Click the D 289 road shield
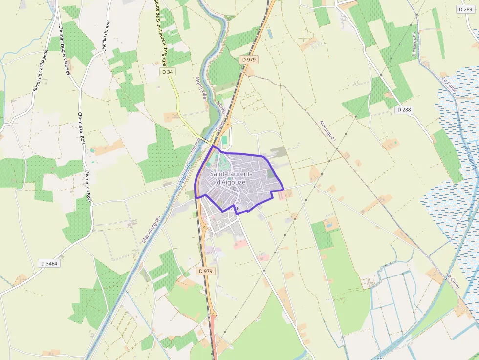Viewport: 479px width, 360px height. click(466, 9)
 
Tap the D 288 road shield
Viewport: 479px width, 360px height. click(404, 110)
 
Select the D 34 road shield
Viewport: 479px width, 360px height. click(167, 72)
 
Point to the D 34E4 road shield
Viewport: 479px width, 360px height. click(49, 263)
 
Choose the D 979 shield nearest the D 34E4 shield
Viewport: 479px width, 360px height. click(207, 271)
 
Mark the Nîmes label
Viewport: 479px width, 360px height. click(220, 105)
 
